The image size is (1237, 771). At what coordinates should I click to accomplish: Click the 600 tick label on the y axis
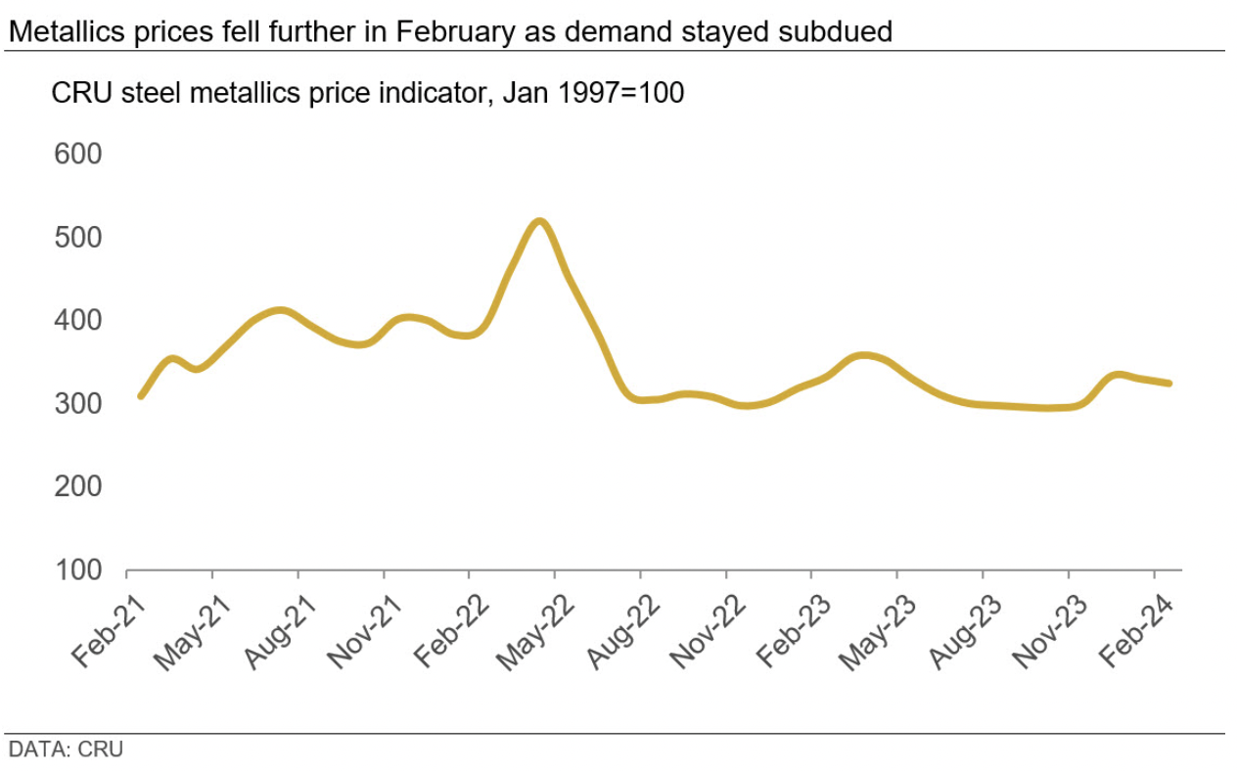pyautogui.click(x=78, y=155)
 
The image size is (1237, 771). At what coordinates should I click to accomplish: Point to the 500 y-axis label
pyautogui.click(x=78, y=238)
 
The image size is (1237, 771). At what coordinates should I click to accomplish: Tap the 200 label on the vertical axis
pyautogui.click(x=78, y=486)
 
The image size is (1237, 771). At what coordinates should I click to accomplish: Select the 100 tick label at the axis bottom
pyautogui.click(x=78, y=569)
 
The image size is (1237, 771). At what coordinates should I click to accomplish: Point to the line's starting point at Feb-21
pyautogui.click(x=141, y=396)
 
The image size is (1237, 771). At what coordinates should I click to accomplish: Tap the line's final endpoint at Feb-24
pyautogui.click(x=1169, y=384)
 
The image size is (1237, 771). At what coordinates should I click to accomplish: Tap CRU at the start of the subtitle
pyautogui.click(x=72, y=94)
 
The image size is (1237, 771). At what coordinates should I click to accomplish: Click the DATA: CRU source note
pyautogui.click(x=66, y=750)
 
